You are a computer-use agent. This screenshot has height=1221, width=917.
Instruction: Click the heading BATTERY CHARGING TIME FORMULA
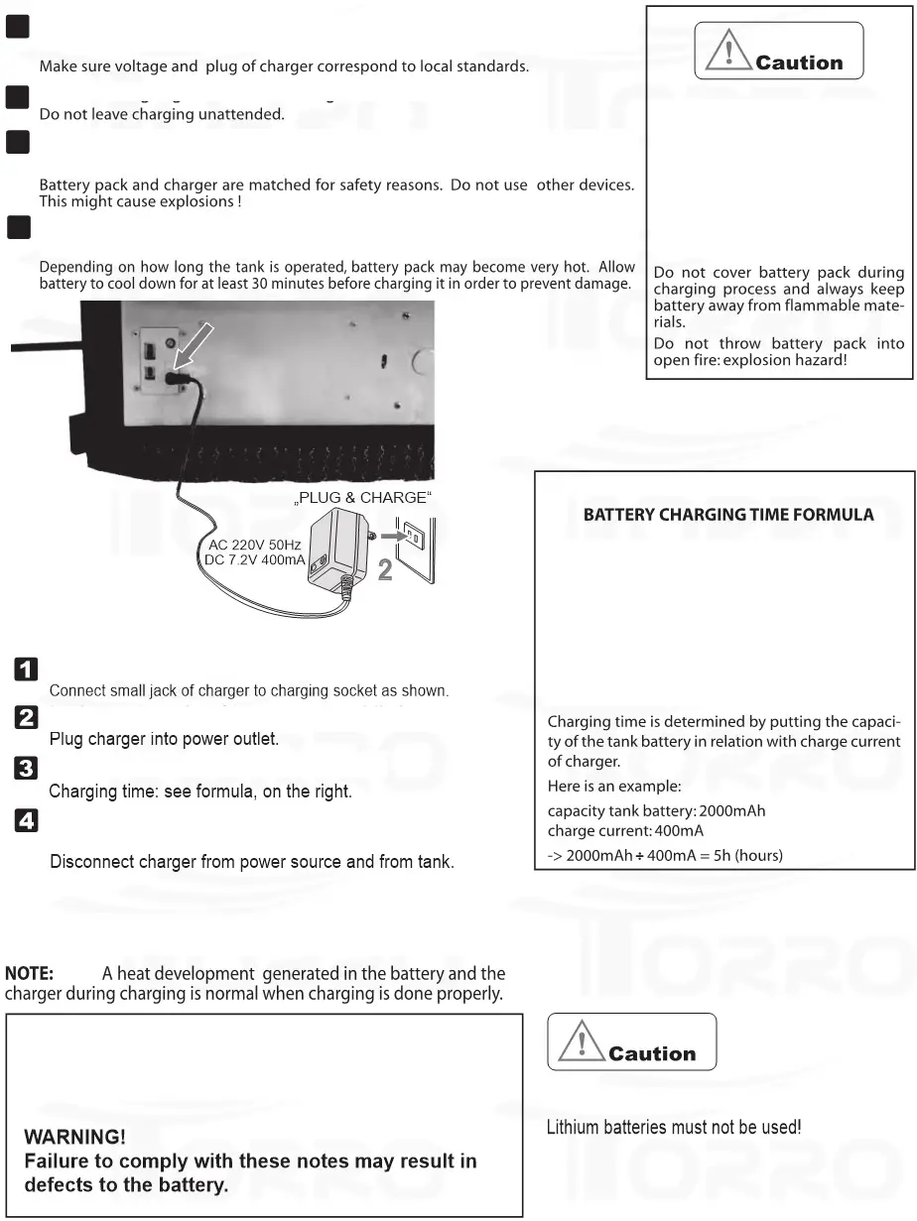pos(728,515)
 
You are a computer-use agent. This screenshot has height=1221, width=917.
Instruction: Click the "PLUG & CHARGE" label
pos(363,497)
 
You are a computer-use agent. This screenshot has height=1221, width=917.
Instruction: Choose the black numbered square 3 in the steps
pos(26,768)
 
